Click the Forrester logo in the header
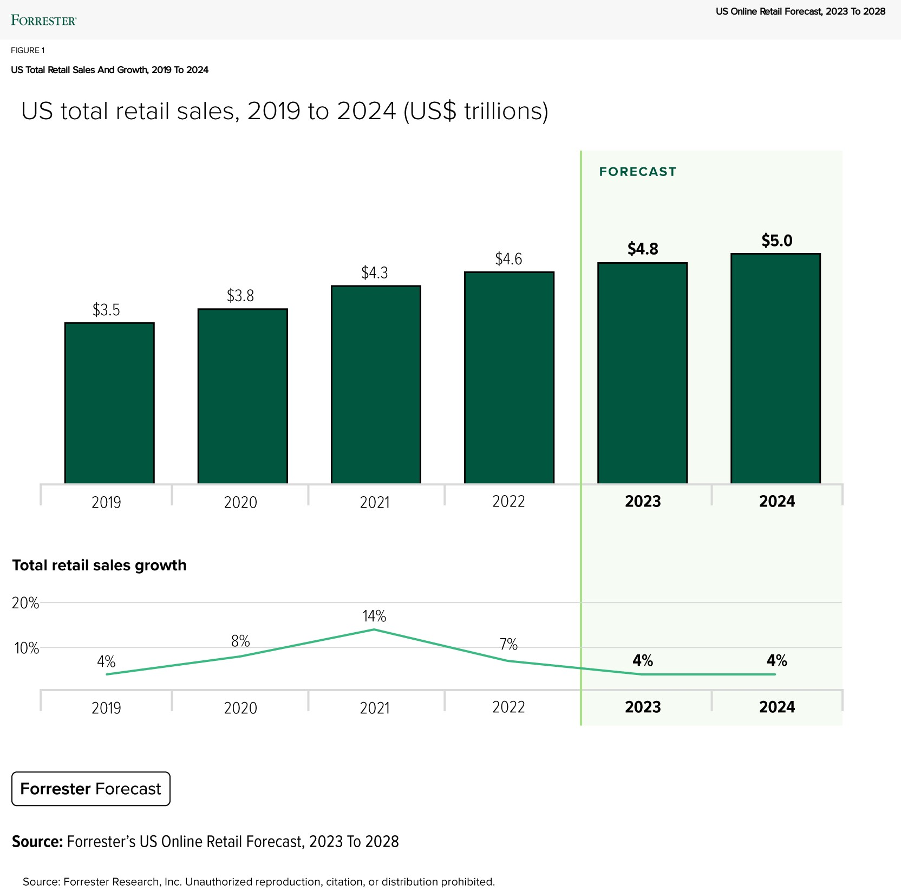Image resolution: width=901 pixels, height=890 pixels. (x=44, y=21)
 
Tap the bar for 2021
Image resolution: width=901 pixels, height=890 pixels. (x=376, y=384)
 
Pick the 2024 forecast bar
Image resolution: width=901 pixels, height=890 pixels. (x=775, y=368)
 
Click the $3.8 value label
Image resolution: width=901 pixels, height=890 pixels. (x=240, y=296)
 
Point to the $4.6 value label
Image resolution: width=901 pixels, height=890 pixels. (x=508, y=259)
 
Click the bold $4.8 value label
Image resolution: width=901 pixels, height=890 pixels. (x=643, y=249)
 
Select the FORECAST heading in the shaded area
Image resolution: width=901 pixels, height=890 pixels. (x=638, y=172)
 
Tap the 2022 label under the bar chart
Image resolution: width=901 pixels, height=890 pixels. (x=508, y=502)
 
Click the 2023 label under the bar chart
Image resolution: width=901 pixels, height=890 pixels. (x=643, y=502)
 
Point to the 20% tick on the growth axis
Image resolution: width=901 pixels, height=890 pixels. (x=25, y=603)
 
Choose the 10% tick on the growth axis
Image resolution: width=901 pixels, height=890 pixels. (x=27, y=648)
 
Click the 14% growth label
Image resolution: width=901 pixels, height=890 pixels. (x=374, y=616)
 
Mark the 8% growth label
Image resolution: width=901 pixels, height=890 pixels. (x=240, y=641)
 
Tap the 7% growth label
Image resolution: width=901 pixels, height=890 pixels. (x=508, y=645)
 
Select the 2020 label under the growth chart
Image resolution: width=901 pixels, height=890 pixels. (x=240, y=708)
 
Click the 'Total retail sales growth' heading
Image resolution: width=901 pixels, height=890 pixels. (x=99, y=566)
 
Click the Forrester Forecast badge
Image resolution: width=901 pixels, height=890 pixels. (x=91, y=789)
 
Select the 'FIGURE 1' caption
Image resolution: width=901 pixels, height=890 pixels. (x=28, y=50)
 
